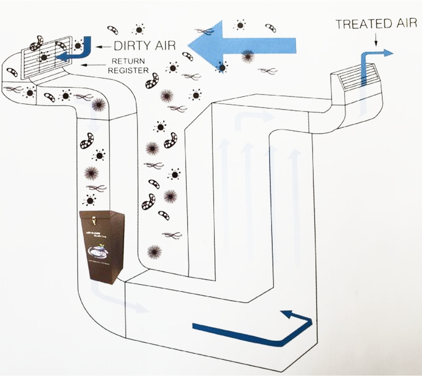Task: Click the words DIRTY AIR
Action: coord(145,45)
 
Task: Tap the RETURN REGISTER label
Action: coord(129,66)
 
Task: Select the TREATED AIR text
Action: coord(376,25)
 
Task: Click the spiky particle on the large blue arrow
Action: coord(247,55)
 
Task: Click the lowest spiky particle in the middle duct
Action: coord(154,251)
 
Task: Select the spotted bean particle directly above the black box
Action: coord(87,141)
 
